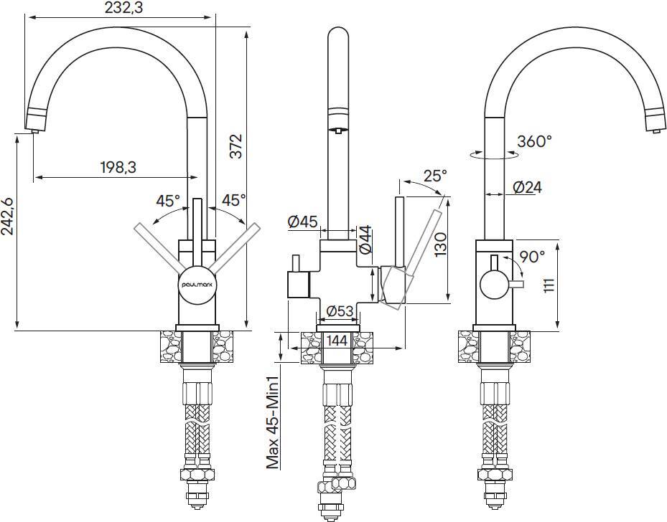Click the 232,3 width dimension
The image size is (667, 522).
(x=119, y=8)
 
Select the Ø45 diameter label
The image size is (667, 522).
(x=302, y=222)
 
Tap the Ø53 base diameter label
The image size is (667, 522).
(x=340, y=311)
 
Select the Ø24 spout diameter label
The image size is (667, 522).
(x=528, y=188)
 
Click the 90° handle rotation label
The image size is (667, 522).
(x=532, y=255)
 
